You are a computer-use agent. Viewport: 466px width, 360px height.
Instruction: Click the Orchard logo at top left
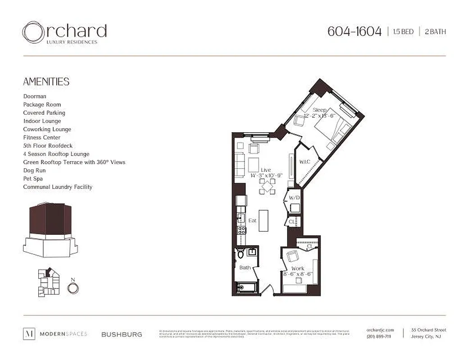[64, 33]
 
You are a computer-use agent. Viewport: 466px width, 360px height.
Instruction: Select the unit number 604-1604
[354, 31]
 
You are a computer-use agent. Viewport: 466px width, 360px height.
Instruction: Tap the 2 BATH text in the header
[435, 32]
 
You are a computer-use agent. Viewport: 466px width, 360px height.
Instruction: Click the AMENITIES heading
[46, 82]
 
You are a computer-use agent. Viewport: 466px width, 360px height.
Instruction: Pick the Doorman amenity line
[35, 96]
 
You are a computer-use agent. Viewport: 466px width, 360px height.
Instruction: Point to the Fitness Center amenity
[41, 138]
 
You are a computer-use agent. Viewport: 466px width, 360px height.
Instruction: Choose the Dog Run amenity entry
[34, 171]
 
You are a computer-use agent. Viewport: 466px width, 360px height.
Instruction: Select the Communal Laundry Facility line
[58, 187]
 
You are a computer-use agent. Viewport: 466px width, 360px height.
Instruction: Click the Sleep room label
[319, 110]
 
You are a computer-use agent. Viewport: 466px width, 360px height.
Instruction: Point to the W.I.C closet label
[304, 162]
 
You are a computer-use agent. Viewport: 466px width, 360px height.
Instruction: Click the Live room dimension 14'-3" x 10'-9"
[266, 175]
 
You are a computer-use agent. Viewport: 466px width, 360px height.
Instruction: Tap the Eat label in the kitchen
[252, 220]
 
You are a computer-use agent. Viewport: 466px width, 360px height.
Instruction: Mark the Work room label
[298, 268]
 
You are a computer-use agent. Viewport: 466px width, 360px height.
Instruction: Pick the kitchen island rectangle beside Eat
[263, 220]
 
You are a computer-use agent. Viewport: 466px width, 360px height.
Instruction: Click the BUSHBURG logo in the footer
[122, 334]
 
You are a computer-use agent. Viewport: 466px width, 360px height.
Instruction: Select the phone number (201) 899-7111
[379, 337]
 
